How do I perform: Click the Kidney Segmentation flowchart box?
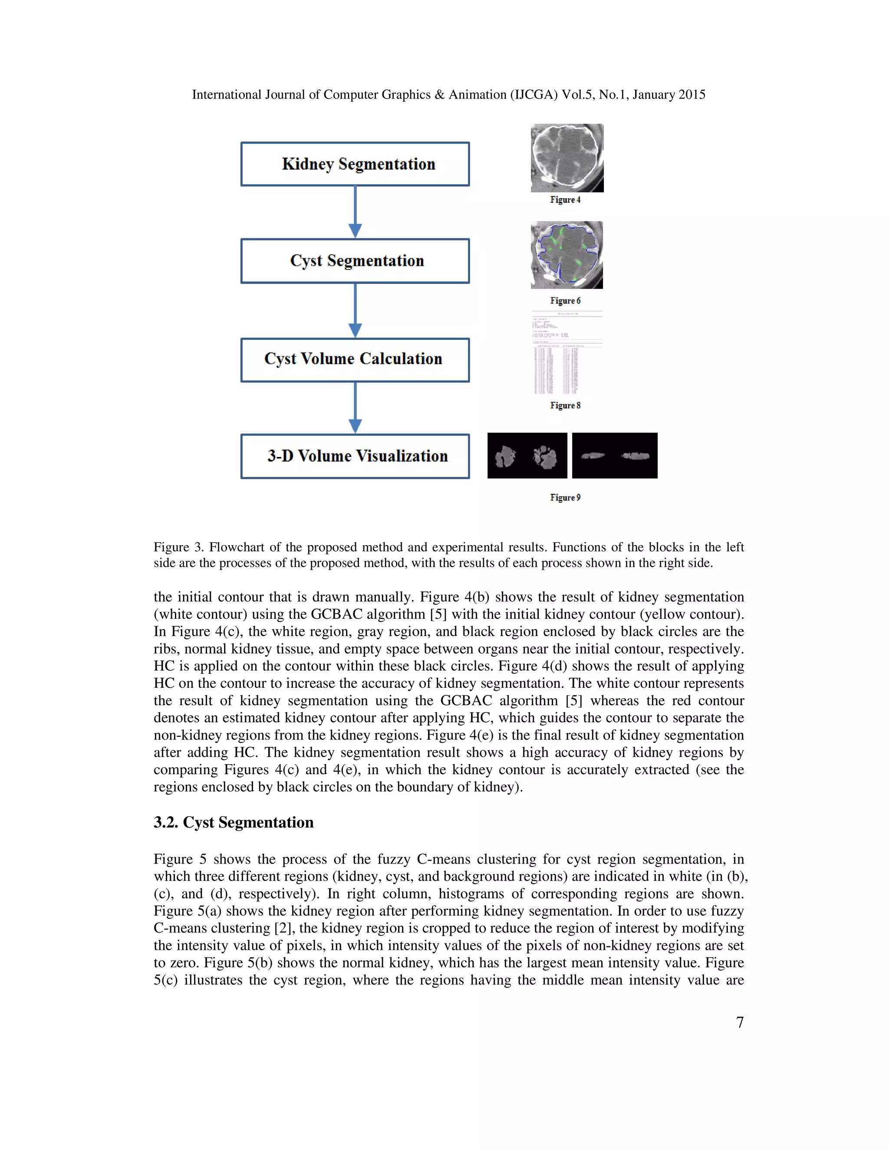pyautogui.click(x=355, y=164)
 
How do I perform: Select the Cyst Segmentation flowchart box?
pyautogui.click(x=355, y=261)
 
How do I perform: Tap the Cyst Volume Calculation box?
pyautogui.click(x=355, y=360)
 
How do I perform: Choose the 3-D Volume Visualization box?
pyautogui.click(x=355, y=456)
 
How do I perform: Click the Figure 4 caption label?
pyautogui.click(x=565, y=200)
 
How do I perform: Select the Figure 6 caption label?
pyautogui.click(x=565, y=301)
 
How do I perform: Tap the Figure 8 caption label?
pyautogui.click(x=565, y=405)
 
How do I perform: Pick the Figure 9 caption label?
pyautogui.click(x=565, y=498)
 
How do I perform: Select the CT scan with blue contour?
pyautogui.click(x=566, y=255)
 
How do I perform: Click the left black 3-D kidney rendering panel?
pyautogui.click(x=527, y=456)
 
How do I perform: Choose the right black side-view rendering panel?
pyautogui.click(x=614, y=456)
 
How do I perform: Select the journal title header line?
pyautogui.click(x=448, y=95)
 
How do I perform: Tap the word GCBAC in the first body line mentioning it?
pyautogui.click(x=336, y=614)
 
